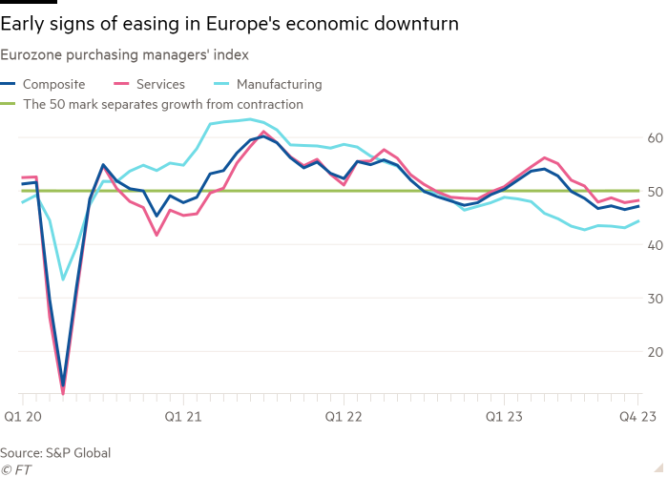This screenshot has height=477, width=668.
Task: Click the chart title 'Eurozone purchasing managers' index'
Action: click(126, 57)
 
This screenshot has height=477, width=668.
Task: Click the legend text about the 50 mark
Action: click(162, 104)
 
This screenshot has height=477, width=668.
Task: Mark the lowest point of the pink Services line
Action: click(63, 392)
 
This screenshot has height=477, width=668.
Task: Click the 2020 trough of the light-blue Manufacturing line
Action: click(63, 280)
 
